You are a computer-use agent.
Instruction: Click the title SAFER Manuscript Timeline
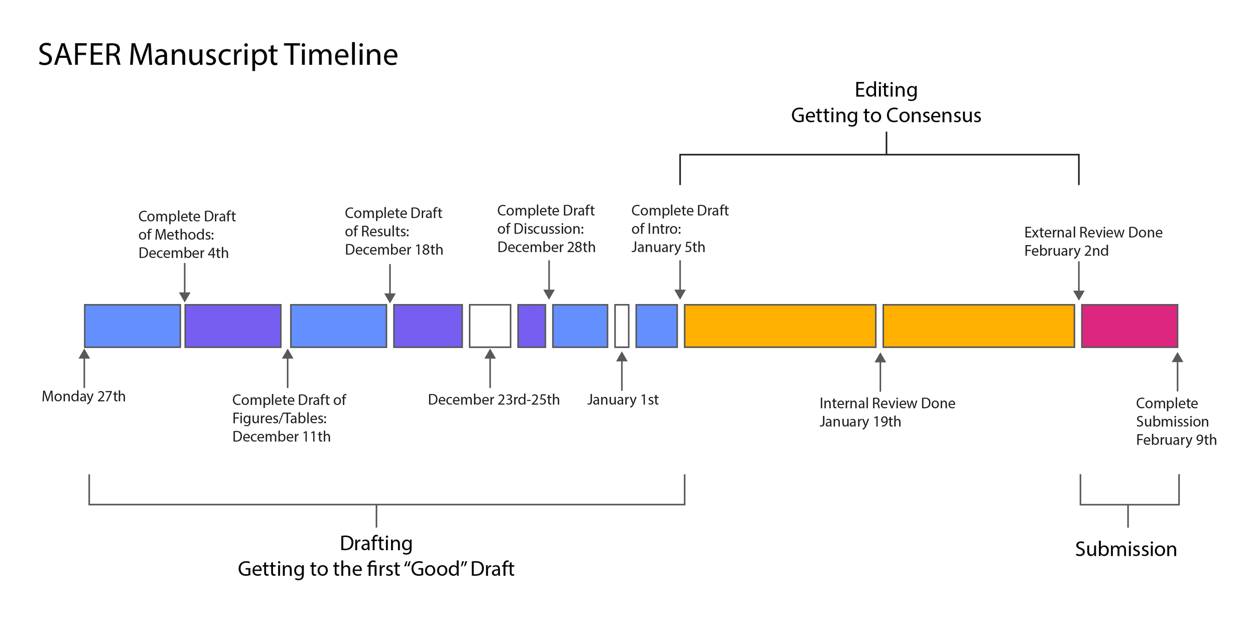click(x=218, y=54)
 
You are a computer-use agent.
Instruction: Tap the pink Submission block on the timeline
click(x=1129, y=326)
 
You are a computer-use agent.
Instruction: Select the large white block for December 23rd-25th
click(x=490, y=326)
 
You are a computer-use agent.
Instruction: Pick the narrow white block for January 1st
click(x=621, y=326)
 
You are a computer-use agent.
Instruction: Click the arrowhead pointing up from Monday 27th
click(x=84, y=354)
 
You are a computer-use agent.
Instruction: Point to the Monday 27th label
click(x=84, y=396)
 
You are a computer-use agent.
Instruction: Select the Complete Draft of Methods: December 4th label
click(x=186, y=234)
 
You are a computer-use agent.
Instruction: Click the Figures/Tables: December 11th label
click(x=289, y=418)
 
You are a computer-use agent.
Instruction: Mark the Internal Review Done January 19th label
click(x=887, y=412)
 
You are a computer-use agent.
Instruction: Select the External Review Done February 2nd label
click(x=1093, y=241)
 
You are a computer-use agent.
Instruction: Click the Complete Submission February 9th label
click(x=1176, y=421)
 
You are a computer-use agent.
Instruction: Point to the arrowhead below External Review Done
click(x=1079, y=295)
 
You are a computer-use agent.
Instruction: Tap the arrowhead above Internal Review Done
click(x=880, y=358)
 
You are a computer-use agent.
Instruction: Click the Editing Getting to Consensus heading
click(x=886, y=102)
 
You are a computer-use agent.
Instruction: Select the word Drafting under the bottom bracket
click(x=376, y=543)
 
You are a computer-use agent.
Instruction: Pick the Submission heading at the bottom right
click(x=1126, y=549)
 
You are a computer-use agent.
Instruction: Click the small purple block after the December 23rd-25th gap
click(x=532, y=326)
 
